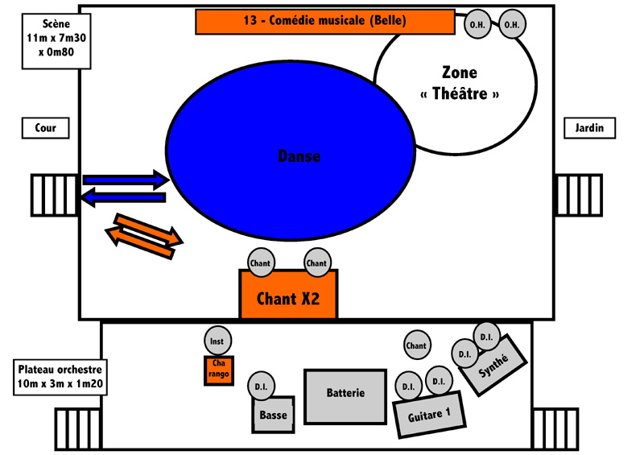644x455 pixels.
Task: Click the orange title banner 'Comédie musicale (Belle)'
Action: pyautogui.click(x=325, y=22)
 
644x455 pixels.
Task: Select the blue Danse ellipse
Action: pyautogui.click(x=291, y=151)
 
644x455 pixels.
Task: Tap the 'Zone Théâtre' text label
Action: pyautogui.click(x=460, y=84)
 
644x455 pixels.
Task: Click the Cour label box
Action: pyautogui.click(x=45, y=128)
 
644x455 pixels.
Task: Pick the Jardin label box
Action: pyautogui.click(x=589, y=128)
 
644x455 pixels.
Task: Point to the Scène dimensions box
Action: pyautogui.click(x=56, y=41)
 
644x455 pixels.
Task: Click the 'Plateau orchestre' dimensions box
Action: pyautogui.click(x=60, y=378)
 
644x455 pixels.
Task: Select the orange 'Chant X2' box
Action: pyautogui.click(x=288, y=294)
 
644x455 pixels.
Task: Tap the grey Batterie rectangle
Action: pyautogui.click(x=345, y=397)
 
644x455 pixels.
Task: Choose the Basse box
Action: pyautogui.click(x=273, y=415)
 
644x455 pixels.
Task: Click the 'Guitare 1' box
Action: pyautogui.click(x=429, y=415)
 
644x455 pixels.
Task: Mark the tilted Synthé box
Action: pyautogui.click(x=493, y=365)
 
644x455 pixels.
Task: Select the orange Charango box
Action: pyautogui.click(x=219, y=370)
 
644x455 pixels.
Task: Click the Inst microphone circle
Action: pyautogui.click(x=217, y=341)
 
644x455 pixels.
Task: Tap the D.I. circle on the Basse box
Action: pyautogui.click(x=261, y=387)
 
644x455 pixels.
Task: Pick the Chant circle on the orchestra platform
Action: pyautogui.click(x=417, y=345)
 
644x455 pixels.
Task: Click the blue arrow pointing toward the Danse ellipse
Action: pyautogui.click(x=126, y=180)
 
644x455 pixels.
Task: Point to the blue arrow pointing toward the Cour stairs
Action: pyautogui.click(x=123, y=197)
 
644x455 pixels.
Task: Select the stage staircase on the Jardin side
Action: pyautogui.click(x=578, y=195)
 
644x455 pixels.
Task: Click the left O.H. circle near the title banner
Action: pyautogui.click(x=477, y=24)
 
